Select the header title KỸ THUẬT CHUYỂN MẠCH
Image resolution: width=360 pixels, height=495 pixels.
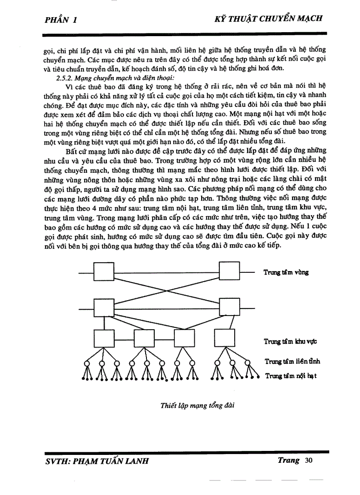[268, 19]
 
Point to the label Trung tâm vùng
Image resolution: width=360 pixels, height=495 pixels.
[286, 272]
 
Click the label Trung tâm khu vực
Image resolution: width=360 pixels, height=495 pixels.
[290, 341]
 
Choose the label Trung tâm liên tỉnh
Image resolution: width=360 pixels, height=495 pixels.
[292, 361]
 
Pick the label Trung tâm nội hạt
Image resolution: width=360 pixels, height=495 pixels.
[290, 376]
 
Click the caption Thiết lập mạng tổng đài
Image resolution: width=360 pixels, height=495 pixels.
[197, 406]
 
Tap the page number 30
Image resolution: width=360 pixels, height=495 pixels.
[308, 461]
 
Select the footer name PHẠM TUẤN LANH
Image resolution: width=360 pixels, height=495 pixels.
[110, 461]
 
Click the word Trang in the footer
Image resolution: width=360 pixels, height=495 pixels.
[289, 461]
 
